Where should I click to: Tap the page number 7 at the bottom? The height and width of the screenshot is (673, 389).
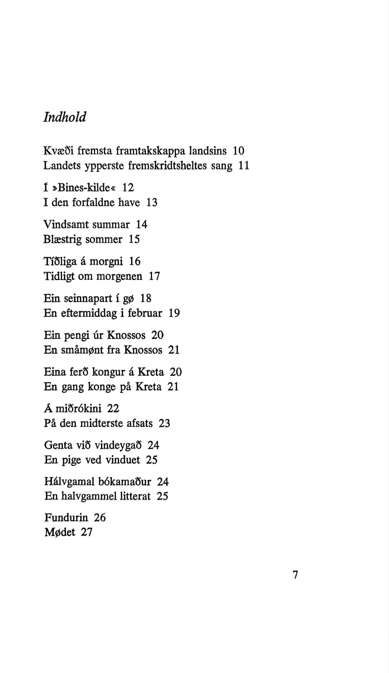click(295, 575)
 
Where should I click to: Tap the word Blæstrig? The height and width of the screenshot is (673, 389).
click(63, 239)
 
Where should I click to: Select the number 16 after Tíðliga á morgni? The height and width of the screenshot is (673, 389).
click(135, 261)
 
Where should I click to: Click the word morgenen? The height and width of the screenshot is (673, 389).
click(119, 276)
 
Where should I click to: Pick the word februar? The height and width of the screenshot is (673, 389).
click(145, 313)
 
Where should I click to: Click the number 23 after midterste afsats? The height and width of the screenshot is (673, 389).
click(164, 423)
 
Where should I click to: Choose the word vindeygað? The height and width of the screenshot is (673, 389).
click(118, 445)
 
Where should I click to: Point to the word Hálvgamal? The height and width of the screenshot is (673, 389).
click(69, 482)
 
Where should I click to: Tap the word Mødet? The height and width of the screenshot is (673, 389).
click(60, 532)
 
